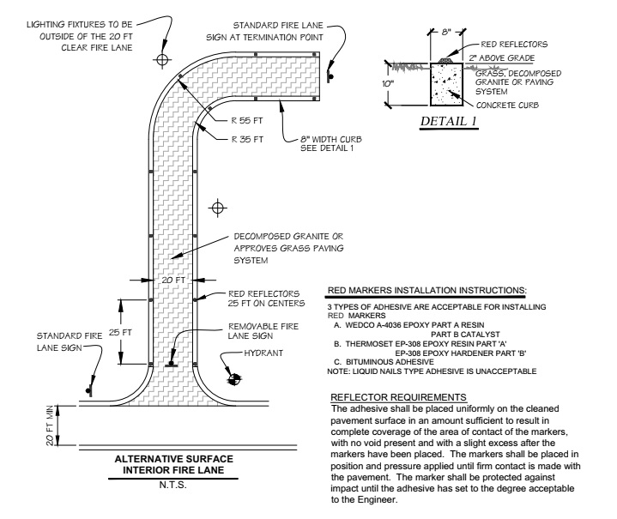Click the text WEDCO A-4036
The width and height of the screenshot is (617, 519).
click(x=374, y=324)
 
